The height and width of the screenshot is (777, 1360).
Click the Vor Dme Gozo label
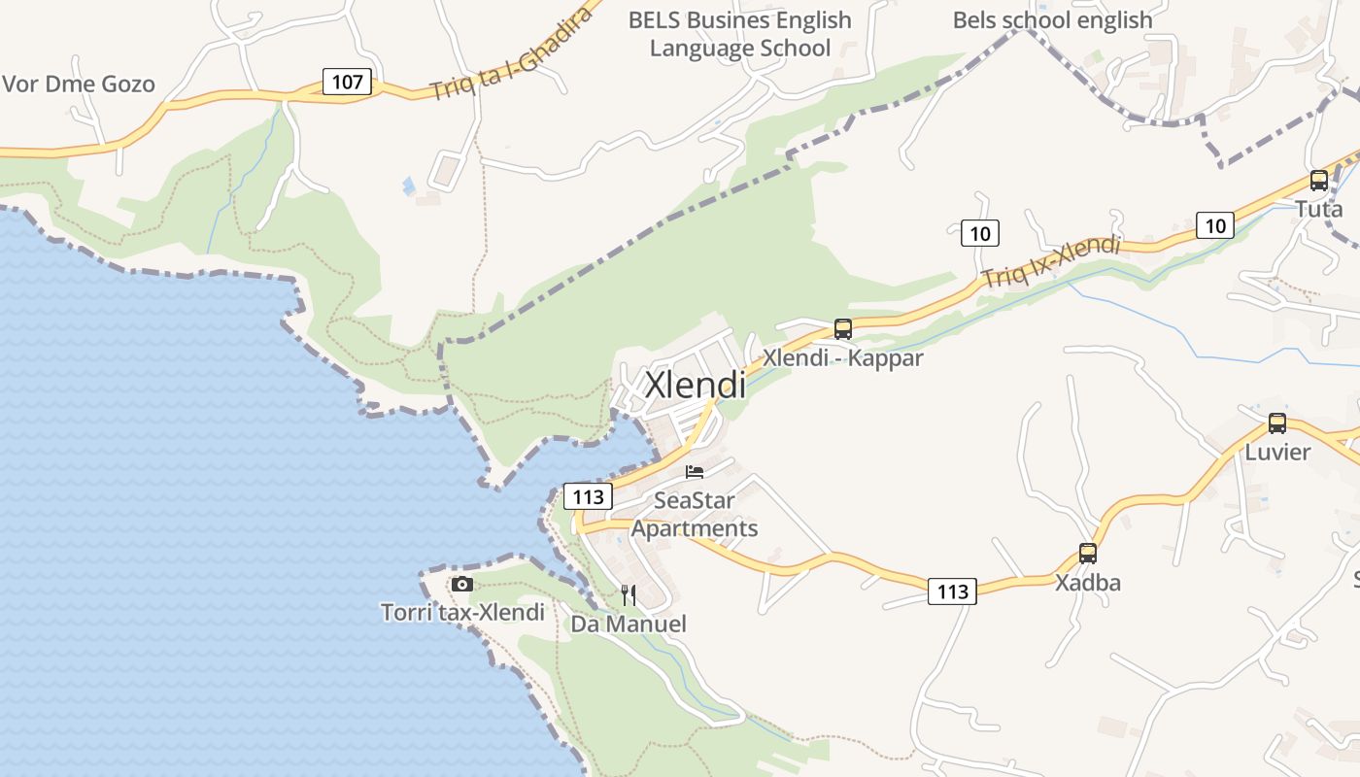(x=79, y=84)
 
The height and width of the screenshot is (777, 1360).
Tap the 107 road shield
(x=347, y=82)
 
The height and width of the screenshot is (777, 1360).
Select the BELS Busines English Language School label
(x=739, y=34)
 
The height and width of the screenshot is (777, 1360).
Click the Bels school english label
(x=1052, y=20)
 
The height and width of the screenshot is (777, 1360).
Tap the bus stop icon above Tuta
(x=1318, y=180)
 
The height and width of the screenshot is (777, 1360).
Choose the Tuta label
(x=1318, y=209)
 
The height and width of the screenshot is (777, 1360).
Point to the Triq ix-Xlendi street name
(x=1050, y=260)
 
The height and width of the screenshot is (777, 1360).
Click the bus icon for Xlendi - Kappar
(x=842, y=329)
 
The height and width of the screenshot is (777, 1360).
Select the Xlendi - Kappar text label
(x=842, y=357)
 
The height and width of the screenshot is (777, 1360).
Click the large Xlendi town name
(x=696, y=385)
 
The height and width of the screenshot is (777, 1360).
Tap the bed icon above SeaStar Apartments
(x=694, y=473)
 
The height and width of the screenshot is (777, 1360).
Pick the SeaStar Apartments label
(x=694, y=515)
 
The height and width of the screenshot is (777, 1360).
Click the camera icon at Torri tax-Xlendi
(x=462, y=584)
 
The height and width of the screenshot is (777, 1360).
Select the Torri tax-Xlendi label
(x=462, y=613)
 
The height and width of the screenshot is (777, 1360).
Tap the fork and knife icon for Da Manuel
(x=629, y=594)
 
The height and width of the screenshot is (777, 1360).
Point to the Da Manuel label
(x=629, y=624)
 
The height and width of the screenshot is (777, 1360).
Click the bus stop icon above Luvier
(x=1276, y=423)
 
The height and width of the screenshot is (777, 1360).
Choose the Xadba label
(x=1088, y=583)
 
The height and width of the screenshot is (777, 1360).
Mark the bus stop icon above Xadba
(x=1088, y=554)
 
